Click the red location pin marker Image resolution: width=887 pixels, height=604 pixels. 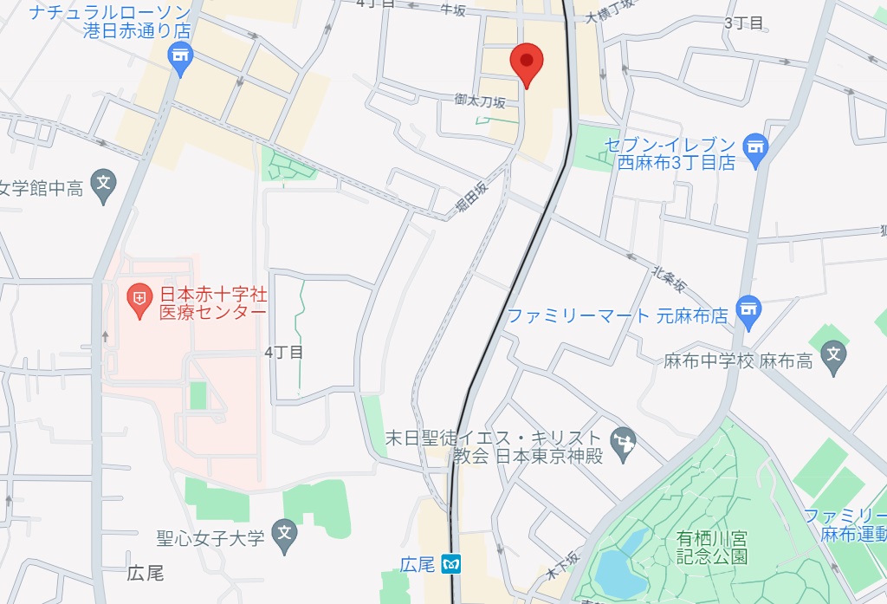527,62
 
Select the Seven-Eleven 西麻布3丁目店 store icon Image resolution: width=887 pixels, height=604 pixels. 756,149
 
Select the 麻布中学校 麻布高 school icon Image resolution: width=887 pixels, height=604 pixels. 833,355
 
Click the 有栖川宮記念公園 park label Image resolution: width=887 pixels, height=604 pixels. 711,547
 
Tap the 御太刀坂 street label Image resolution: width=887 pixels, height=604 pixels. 480,101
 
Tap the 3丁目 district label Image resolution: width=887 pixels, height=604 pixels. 744,23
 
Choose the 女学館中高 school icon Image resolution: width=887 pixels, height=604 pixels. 104,185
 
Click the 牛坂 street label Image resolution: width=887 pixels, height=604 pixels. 453,10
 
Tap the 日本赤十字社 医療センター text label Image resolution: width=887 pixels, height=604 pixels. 213,304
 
